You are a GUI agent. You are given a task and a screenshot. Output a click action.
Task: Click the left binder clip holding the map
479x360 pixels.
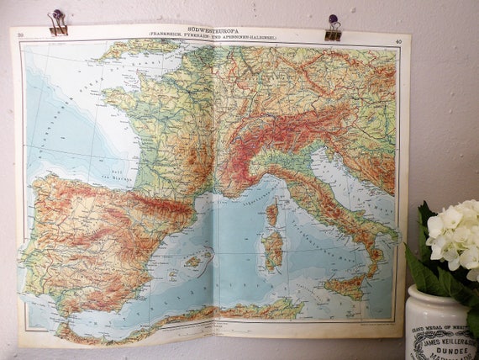click(x=58, y=23)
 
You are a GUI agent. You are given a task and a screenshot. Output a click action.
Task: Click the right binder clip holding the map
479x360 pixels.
click(x=334, y=28)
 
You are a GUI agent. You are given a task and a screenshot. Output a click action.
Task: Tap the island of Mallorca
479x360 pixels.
click(x=192, y=262)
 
